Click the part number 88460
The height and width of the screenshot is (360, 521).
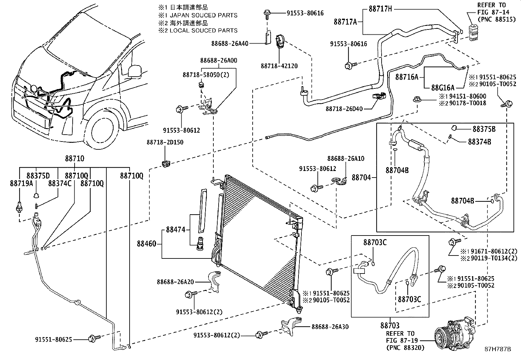(146, 244)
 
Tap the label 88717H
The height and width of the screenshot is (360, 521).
(380, 9)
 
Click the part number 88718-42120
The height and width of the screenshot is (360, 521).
(279, 66)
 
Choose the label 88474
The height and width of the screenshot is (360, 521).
(175, 230)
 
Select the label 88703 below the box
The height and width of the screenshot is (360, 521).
(390, 325)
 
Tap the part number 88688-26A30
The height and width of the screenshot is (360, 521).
(330, 327)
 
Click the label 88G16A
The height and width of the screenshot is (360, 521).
(442, 87)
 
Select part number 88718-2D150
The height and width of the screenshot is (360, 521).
(165, 142)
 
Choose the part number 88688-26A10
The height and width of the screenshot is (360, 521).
(346, 159)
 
